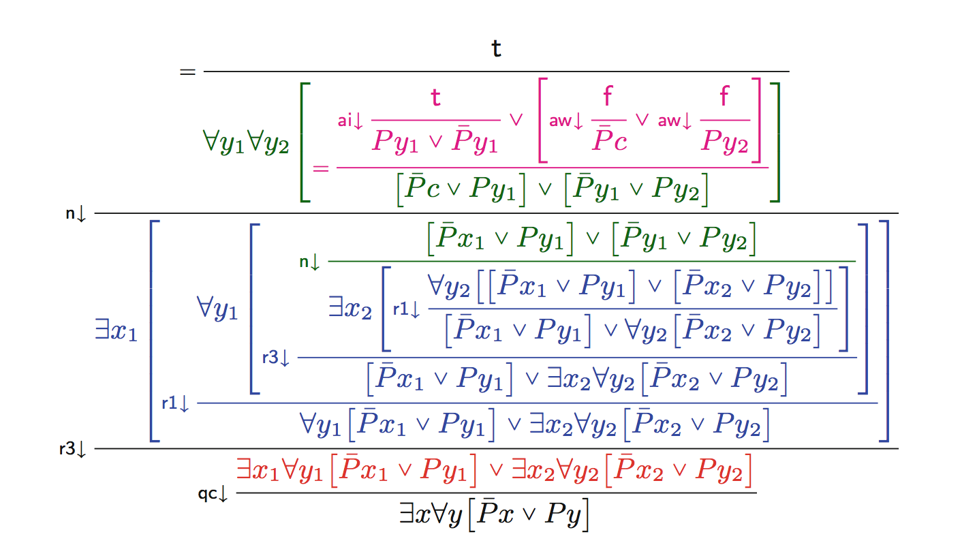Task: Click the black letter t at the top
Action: (496, 48)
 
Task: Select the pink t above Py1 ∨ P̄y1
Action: (435, 98)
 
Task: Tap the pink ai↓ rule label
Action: (352, 121)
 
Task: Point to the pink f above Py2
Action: (724, 98)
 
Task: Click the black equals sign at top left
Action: (187, 71)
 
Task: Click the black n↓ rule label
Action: (76, 214)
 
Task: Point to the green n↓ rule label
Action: (309, 262)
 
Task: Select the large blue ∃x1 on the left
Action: (117, 334)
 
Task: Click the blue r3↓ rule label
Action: (276, 358)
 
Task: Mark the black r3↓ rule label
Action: (73, 450)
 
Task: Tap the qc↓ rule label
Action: (213, 494)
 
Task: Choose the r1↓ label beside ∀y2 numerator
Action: (407, 309)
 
